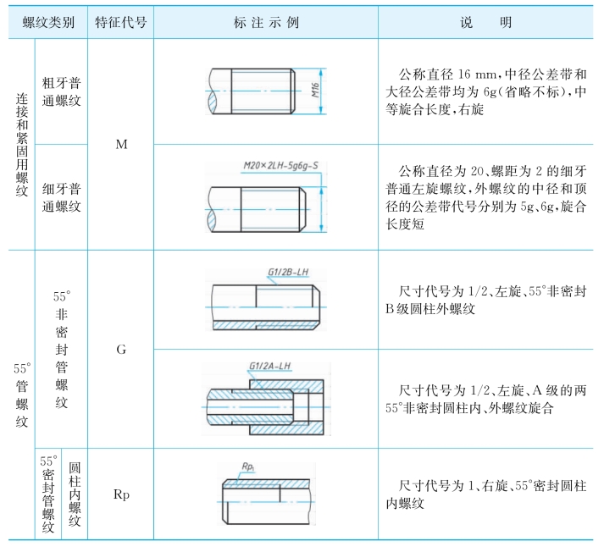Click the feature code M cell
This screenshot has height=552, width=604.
[120, 144]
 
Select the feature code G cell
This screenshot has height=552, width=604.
[120, 349]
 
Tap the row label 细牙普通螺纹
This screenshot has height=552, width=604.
[61, 197]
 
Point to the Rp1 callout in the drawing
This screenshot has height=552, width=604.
[248, 466]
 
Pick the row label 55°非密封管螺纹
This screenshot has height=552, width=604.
[61, 349]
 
